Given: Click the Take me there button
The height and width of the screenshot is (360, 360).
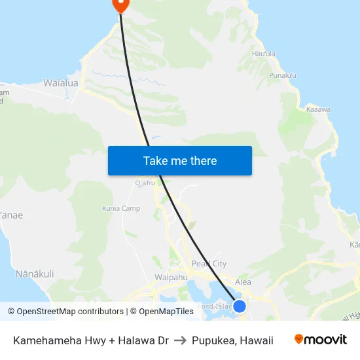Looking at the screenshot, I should (180, 161).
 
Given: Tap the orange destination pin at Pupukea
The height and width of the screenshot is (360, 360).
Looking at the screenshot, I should (120, 4).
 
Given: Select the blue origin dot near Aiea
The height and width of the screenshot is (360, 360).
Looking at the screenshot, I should (240, 306).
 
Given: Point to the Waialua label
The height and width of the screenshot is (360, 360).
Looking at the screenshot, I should (60, 83).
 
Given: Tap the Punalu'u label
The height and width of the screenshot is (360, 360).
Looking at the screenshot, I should (283, 76).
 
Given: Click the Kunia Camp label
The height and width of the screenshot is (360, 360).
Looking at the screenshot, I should (121, 209).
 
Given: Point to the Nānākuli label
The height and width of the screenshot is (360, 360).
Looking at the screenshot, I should (35, 274).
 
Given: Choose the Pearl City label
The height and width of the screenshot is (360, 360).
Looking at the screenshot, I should (209, 264).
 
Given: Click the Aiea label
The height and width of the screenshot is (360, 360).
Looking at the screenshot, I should (243, 282).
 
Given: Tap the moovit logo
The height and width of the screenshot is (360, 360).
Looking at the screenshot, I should (320, 340).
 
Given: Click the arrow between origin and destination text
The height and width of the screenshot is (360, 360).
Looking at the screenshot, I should (180, 340).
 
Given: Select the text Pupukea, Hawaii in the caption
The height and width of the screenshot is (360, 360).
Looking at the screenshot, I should (232, 340).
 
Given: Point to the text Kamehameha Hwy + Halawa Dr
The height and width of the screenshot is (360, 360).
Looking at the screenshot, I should (91, 340).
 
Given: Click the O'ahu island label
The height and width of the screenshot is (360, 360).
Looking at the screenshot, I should (145, 183).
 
